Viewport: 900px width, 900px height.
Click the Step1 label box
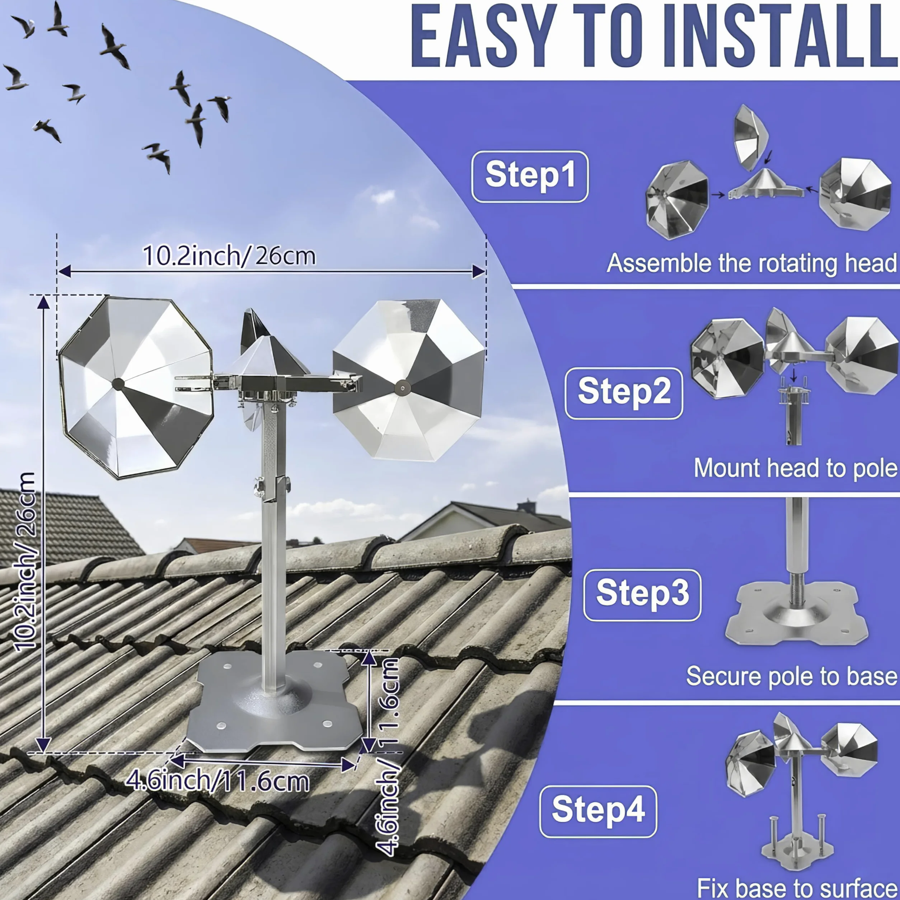(x=530, y=176)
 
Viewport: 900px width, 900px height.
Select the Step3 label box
(x=642, y=595)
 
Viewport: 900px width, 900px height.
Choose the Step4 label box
(x=598, y=811)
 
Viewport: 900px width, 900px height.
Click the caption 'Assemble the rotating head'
(x=752, y=264)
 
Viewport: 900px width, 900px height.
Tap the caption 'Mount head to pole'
(x=796, y=468)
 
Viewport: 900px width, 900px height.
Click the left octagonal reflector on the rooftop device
(x=136, y=386)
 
